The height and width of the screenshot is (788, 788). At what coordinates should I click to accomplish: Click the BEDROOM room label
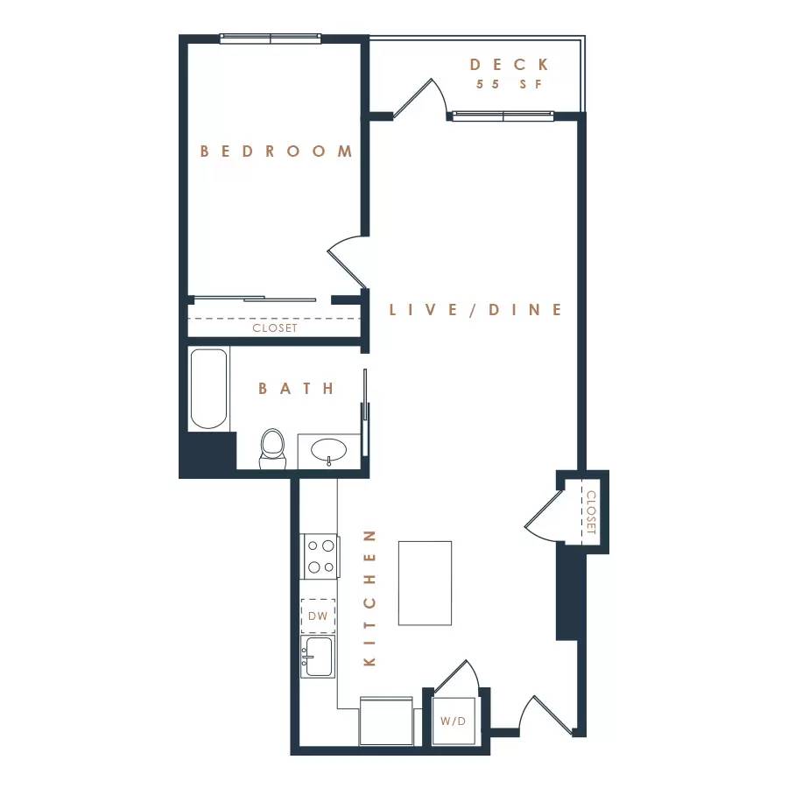[x=276, y=151]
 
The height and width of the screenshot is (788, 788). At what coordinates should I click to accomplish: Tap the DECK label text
[x=509, y=65]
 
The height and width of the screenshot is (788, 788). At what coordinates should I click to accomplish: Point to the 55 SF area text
[x=509, y=85]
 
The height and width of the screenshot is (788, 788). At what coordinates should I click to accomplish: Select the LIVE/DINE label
[x=475, y=310]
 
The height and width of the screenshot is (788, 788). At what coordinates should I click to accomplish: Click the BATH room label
[x=297, y=388]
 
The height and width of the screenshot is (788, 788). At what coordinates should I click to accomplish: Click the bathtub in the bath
[x=208, y=389]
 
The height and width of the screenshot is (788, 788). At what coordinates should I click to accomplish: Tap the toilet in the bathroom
[x=273, y=448]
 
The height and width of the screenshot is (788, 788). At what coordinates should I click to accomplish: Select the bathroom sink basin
[x=329, y=450]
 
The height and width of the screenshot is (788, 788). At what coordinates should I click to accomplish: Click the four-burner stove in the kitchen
[x=320, y=556]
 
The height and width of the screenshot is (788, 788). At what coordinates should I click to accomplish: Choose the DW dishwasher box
[x=318, y=616]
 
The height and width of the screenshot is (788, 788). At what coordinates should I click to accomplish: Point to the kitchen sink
[x=318, y=656]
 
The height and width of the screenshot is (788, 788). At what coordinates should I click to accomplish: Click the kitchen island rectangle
[x=425, y=582]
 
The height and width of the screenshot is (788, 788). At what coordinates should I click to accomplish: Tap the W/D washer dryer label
[x=453, y=721]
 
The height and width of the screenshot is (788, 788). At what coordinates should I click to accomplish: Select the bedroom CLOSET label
[x=275, y=328]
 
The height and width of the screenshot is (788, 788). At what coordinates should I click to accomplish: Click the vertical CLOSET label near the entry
[x=591, y=512]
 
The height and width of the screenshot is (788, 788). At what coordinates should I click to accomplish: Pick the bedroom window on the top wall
[x=271, y=39]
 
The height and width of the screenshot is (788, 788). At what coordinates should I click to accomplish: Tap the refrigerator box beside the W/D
[x=386, y=721]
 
